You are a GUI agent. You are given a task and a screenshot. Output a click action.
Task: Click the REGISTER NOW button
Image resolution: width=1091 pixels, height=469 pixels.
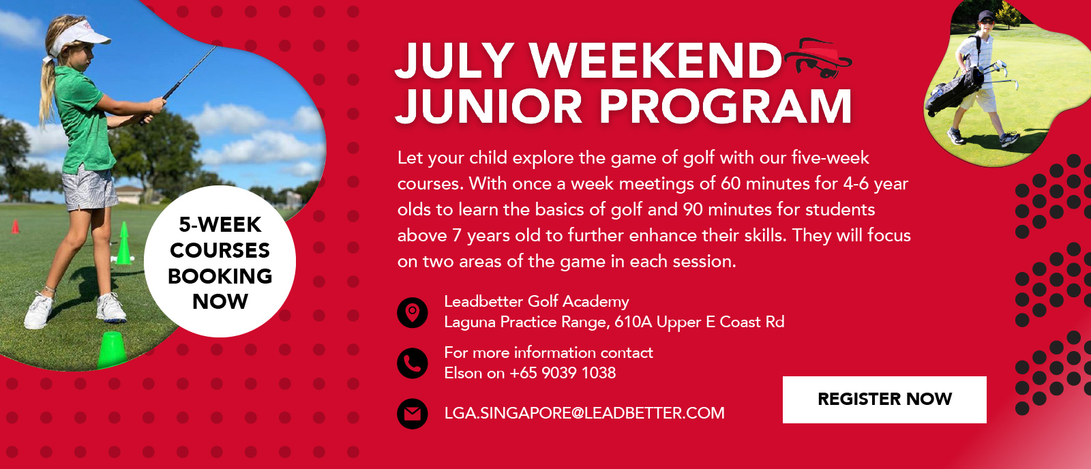[x=884, y=399]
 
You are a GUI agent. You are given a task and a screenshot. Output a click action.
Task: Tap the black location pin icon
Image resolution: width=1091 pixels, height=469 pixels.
[x=413, y=313]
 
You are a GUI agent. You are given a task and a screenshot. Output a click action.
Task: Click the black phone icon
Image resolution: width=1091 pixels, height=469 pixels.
[x=413, y=363]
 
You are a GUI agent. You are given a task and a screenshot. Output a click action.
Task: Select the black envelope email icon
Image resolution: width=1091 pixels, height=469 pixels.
[x=413, y=414]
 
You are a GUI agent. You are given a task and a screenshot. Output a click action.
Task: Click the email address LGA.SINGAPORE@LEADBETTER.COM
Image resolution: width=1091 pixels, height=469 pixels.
[x=584, y=413]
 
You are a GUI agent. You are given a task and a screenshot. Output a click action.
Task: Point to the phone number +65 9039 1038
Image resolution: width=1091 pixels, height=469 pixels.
[x=563, y=373]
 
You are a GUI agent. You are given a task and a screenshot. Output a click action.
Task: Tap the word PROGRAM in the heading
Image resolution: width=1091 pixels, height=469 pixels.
[x=726, y=106]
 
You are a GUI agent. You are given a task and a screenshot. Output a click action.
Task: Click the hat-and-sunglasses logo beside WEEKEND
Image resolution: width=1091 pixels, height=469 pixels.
[x=818, y=57]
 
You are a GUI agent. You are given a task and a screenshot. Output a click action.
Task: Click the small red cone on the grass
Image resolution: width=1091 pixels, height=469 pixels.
[x=16, y=227]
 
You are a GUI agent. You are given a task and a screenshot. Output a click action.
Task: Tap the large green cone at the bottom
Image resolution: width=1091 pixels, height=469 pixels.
[x=112, y=350]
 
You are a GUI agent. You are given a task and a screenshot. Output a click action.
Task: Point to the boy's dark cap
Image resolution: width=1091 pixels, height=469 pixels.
[x=987, y=16]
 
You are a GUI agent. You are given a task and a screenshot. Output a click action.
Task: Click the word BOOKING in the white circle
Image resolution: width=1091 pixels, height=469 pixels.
[x=220, y=276]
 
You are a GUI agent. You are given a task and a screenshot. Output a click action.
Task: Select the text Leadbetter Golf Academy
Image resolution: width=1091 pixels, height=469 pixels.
[x=536, y=301]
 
